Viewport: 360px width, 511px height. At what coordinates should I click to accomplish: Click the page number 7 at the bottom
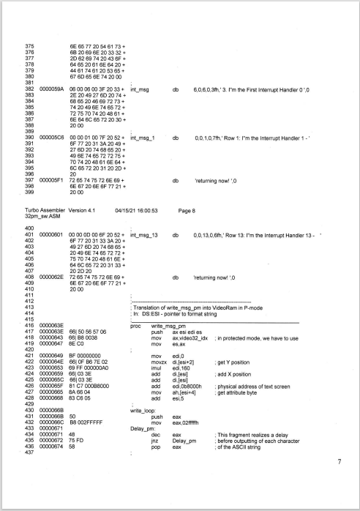tap(339, 482)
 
